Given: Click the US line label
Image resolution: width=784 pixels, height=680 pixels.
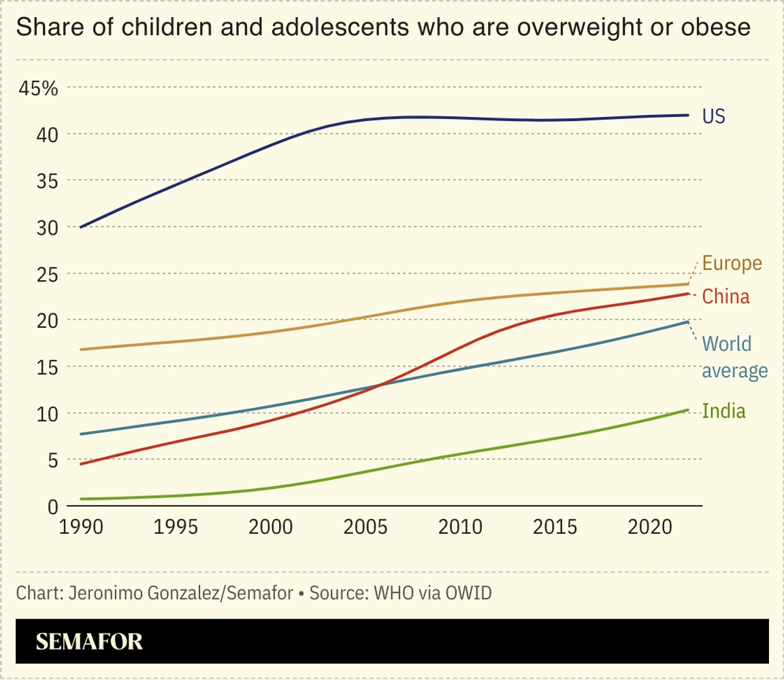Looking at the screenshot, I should pos(714,116).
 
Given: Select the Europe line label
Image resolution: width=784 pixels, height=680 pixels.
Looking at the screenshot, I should pos(732,263).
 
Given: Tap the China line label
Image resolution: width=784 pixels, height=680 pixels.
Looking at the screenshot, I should pos(725,296).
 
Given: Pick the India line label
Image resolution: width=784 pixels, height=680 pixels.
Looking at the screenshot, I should pos(723,411).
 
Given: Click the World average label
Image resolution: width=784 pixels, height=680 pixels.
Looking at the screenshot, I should pos(734,357).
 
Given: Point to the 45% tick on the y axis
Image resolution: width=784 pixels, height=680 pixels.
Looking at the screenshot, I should pos(38,88).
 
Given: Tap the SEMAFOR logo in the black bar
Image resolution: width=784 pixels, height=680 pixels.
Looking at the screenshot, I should pos(89,641).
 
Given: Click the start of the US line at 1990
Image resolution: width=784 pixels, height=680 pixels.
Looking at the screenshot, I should pos(81,227).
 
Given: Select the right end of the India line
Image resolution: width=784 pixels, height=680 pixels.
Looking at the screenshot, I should pos(688,409).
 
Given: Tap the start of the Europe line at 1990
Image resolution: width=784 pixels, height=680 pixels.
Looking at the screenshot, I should pos(81,350).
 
